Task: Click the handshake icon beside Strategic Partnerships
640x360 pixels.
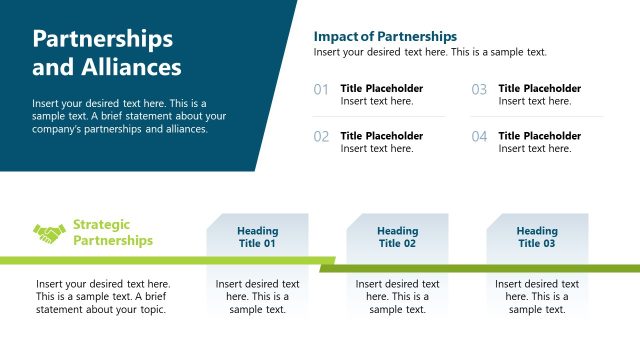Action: (49, 233)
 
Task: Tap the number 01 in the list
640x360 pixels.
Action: (321, 90)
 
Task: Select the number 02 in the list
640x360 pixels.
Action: (321, 137)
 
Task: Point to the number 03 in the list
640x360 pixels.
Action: (479, 90)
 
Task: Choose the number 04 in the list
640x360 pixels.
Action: (479, 137)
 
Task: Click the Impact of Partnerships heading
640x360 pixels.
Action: (385, 36)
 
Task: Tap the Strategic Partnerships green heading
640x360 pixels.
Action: (113, 233)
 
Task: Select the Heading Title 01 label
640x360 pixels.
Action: (257, 237)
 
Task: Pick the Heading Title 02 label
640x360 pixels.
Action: (397, 237)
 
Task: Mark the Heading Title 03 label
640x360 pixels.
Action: (537, 237)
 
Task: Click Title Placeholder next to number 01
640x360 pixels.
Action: (382, 88)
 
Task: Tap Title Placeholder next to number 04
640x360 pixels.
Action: (540, 135)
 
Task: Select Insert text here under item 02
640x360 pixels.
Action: (377, 149)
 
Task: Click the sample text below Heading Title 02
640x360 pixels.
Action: (397, 297)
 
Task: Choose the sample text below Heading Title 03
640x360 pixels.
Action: (537, 297)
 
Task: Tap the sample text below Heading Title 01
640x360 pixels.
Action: (257, 297)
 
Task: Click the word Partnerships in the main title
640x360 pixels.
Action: (103, 39)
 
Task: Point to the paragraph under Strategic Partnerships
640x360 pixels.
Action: (103, 297)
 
